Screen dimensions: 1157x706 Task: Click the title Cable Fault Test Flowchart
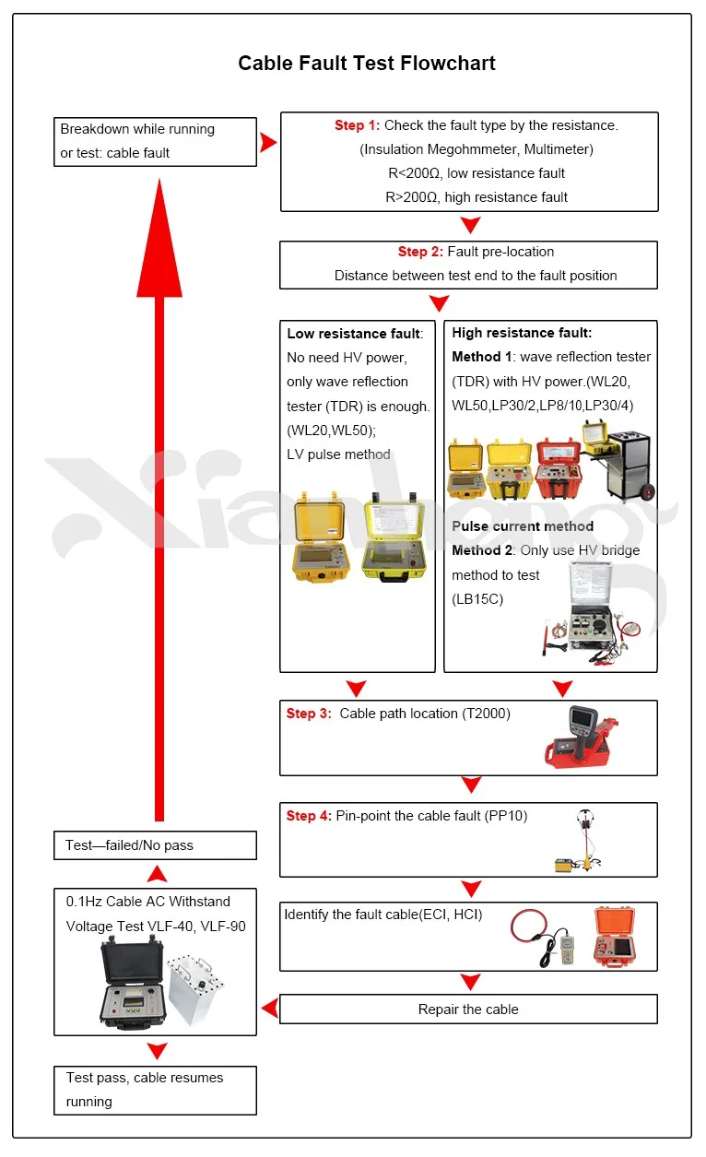coord(367,64)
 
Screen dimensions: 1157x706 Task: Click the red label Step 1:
coord(356,125)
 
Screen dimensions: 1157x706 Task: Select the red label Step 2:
coord(420,252)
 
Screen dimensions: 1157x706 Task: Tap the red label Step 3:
coord(307,714)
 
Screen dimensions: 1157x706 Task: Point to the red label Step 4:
coord(307,816)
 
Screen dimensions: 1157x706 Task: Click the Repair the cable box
coord(468,1009)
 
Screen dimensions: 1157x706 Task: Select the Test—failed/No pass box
coord(155,845)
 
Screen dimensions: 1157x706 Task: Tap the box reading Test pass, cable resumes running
coord(155,1090)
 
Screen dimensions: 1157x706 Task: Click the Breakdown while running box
coord(155,141)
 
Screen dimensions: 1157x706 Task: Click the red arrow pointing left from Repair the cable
coord(269,1009)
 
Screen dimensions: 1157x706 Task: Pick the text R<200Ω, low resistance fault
coord(476,173)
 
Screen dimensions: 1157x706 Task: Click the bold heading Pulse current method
coord(523,526)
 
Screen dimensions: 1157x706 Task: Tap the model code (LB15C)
coord(477,599)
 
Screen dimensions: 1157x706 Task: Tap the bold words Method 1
coord(481,357)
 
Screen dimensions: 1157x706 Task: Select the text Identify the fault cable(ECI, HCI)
coord(383,915)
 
